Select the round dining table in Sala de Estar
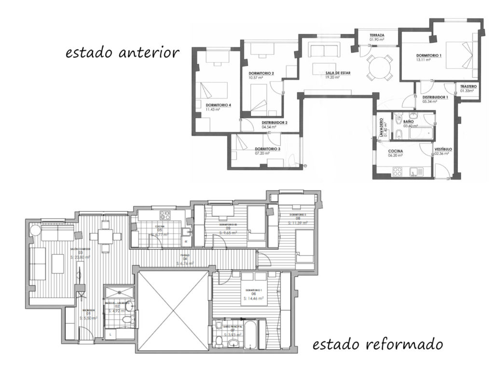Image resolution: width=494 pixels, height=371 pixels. [379, 66]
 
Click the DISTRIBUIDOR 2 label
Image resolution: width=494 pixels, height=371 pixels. [274, 123]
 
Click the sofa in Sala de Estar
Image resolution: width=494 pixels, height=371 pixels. [325, 50]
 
